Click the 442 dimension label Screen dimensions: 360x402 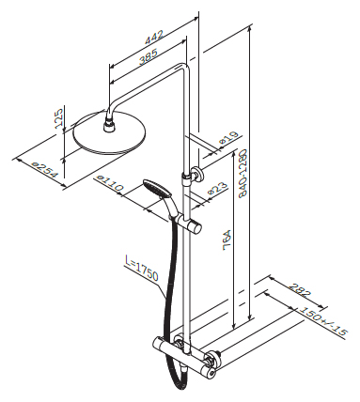154,37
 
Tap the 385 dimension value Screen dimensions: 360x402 148,57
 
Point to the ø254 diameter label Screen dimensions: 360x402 46,170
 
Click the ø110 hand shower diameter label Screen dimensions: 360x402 110,183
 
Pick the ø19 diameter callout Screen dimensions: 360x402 229,138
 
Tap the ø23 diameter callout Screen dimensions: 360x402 218,189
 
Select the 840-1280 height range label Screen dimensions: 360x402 243,173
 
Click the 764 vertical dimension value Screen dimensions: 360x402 227,240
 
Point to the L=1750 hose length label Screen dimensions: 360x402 142,269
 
